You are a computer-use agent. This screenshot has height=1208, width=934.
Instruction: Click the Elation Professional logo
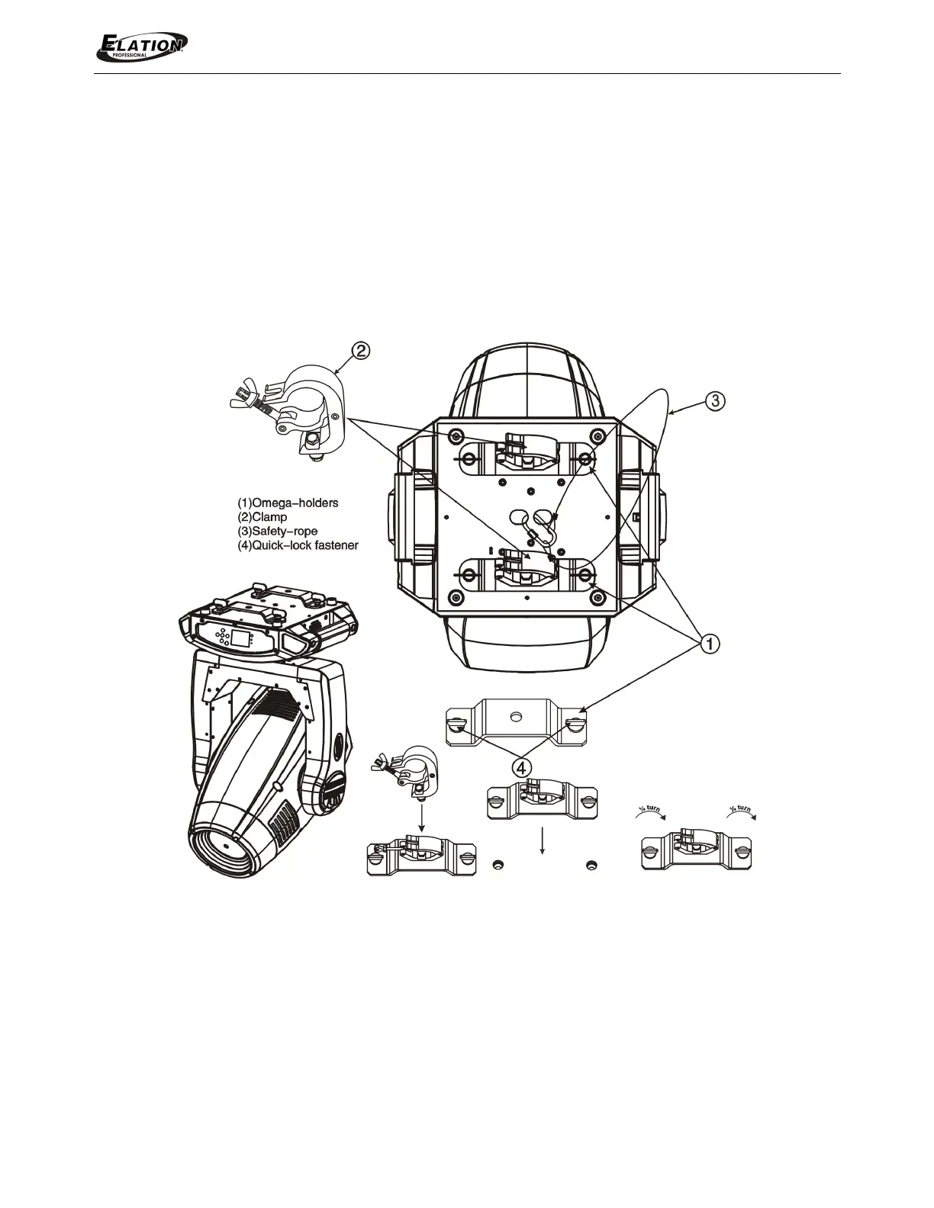[142, 47]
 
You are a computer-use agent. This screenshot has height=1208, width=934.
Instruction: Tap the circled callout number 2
[360, 351]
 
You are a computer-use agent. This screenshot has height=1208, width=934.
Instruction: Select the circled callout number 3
[715, 401]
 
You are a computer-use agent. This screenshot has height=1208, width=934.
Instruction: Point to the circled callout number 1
[709, 644]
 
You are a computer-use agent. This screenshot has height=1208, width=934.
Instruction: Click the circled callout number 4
[521, 768]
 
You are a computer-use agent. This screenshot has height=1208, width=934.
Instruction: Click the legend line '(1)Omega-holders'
[288, 503]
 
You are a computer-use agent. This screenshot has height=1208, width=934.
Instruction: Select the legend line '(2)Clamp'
[262, 517]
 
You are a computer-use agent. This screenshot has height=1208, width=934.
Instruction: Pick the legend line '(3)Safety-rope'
[278, 531]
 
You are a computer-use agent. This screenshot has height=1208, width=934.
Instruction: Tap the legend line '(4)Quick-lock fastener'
[298, 545]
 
